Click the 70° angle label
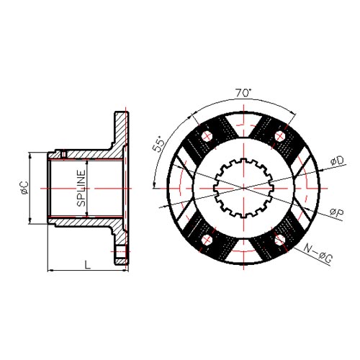243,92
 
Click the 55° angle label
159,144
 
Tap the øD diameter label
337,161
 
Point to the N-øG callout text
318,253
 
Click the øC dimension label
24,188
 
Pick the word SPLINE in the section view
81,188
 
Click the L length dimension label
88,264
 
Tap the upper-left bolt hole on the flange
207,136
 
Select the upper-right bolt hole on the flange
280,136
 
